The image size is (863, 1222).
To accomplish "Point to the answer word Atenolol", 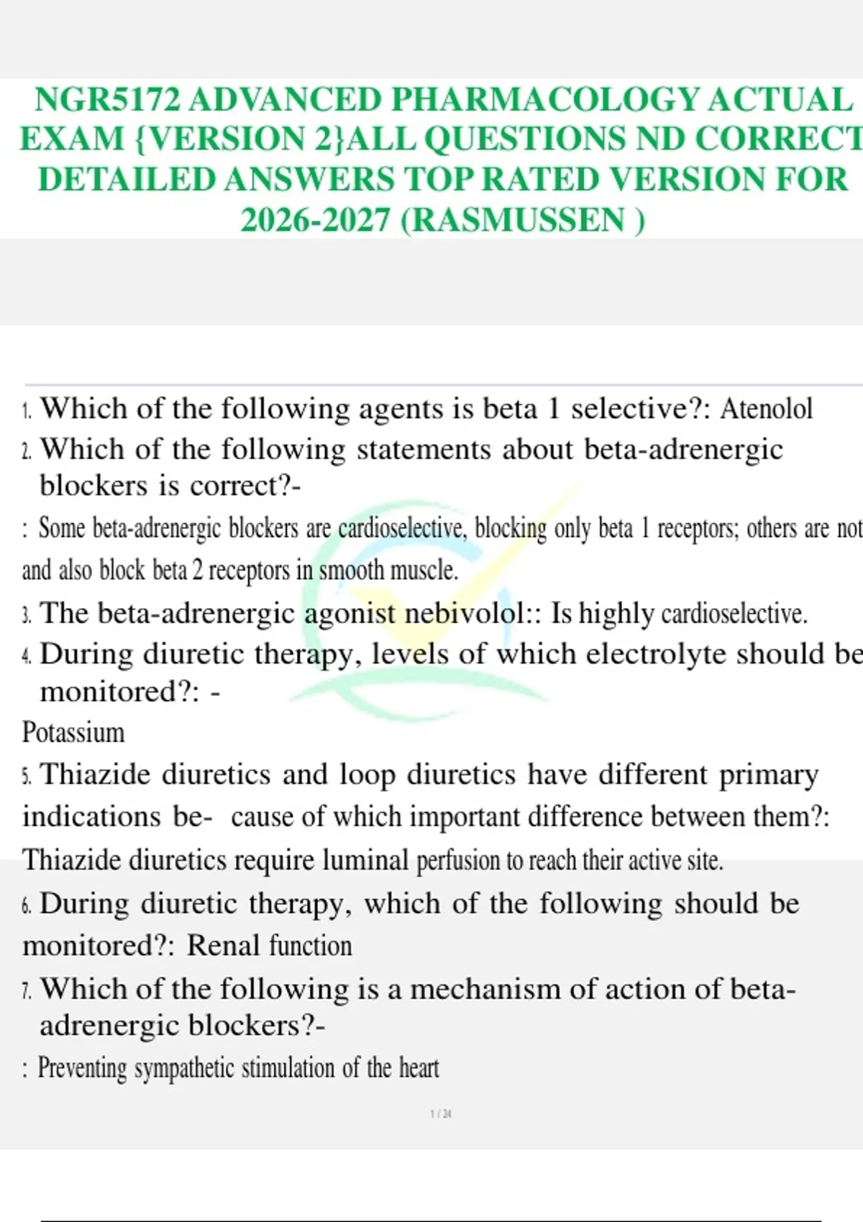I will [766, 409].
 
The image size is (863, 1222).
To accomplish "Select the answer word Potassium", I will [73, 732].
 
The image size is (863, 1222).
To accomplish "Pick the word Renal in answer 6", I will [223, 946].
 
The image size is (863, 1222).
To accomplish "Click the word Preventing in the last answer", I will [81, 1068].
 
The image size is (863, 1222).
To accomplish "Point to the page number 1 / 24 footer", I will [441, 1114].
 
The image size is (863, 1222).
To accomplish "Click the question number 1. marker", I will [27, 412].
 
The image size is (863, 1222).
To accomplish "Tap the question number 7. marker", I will [27, 992].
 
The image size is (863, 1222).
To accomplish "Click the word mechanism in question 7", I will [485, 989].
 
